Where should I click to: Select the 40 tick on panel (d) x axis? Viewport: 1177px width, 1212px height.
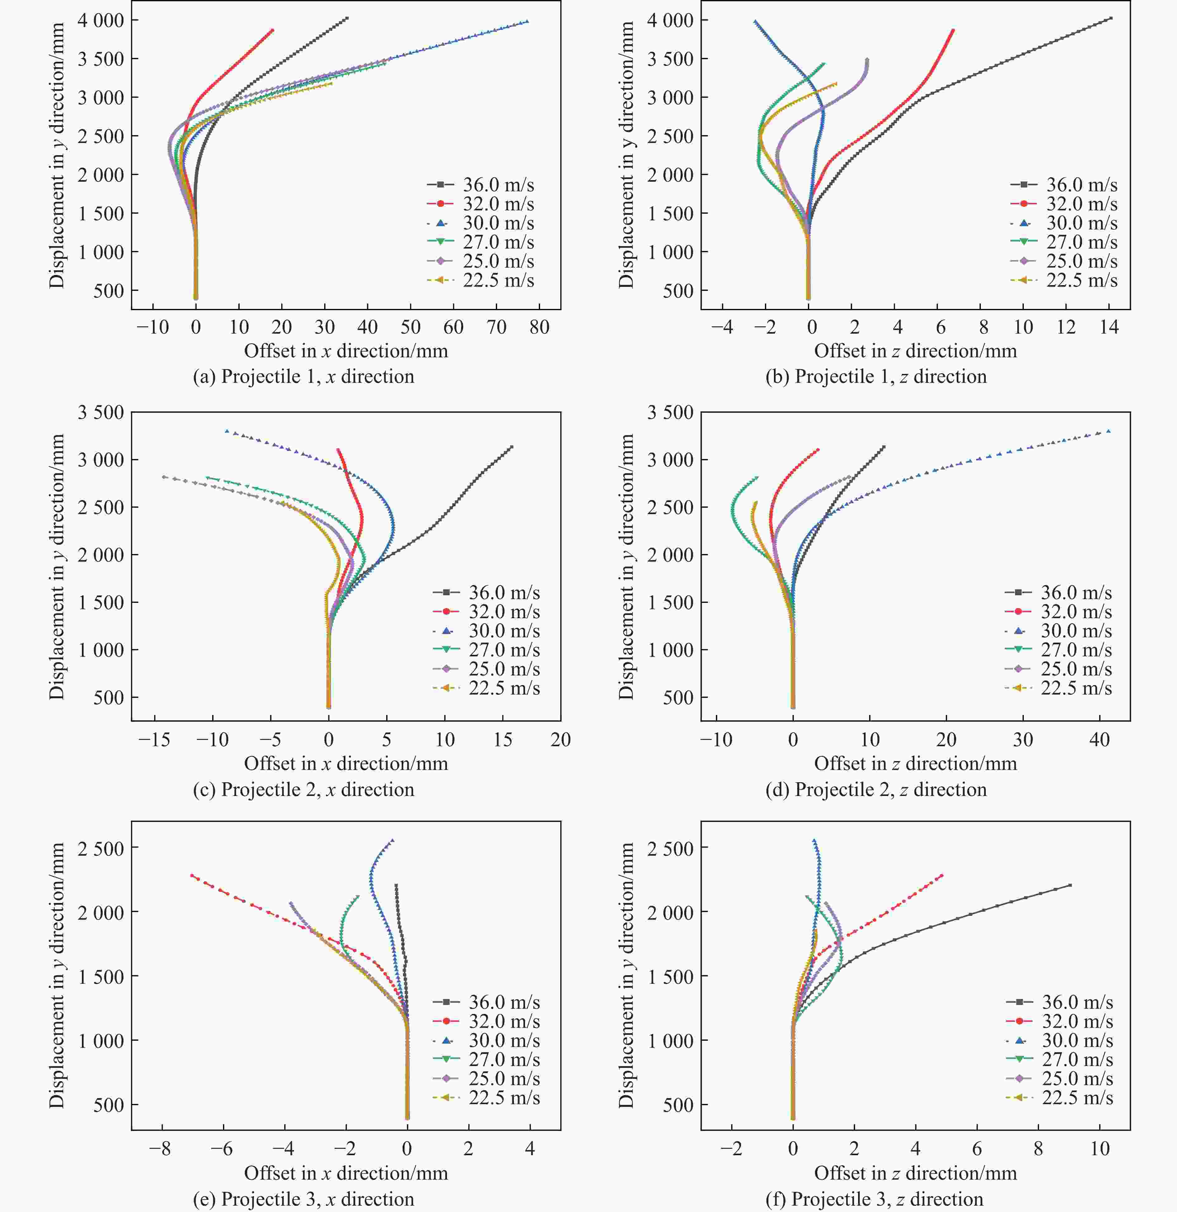1099,740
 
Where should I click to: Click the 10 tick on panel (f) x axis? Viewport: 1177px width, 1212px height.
1099,1149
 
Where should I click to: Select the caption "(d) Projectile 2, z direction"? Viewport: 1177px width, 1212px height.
876,790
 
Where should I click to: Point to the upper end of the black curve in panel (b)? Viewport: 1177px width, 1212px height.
1111,18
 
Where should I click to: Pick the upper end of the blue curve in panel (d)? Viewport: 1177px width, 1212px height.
1108,431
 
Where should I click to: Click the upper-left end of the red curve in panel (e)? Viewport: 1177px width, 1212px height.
192,876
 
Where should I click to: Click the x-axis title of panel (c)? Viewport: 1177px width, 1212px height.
346,764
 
